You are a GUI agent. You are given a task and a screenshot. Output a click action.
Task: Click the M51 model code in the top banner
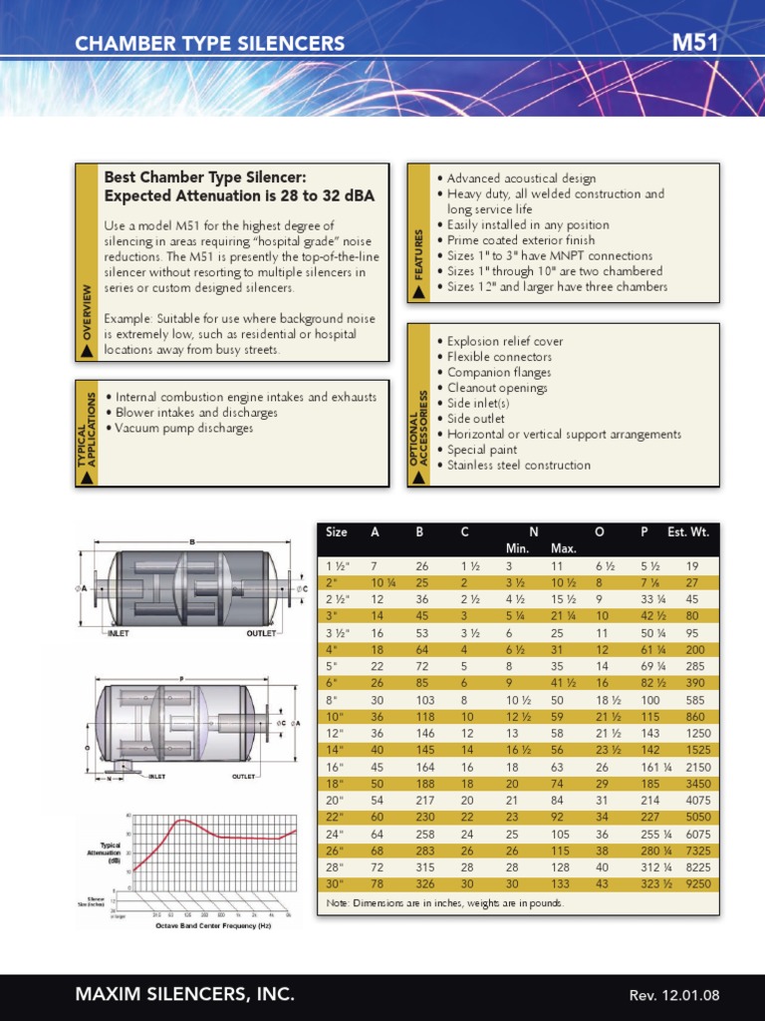(695, 42)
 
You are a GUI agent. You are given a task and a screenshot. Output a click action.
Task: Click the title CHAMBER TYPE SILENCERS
(210, 43)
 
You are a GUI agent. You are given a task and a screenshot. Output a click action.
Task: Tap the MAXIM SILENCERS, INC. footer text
(185, 994)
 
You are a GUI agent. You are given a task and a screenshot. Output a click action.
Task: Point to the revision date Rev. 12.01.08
(674, 995)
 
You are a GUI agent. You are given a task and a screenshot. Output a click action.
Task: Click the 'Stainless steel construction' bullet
(518, 465)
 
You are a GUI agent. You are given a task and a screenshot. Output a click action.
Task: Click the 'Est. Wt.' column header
(688, 532)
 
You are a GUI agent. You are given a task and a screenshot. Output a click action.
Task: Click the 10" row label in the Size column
(335, 716)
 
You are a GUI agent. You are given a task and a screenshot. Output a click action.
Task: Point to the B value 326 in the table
(426, 883)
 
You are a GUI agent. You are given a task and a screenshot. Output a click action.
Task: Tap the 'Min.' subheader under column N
(517, 548)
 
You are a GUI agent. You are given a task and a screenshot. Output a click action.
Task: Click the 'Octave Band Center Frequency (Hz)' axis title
(213, 925)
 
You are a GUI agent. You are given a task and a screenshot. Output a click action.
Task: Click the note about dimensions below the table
(444, 903)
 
